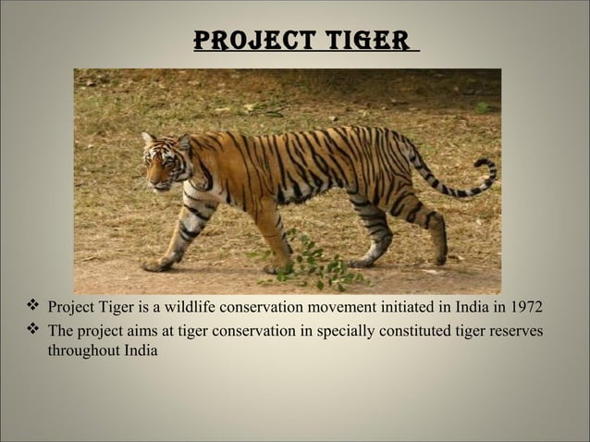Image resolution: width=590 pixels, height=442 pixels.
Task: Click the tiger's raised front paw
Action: [x=155, y=264]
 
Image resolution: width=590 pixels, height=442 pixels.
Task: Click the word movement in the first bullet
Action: [x=348, y=307]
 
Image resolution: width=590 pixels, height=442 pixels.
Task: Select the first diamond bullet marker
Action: [x=32, y=306]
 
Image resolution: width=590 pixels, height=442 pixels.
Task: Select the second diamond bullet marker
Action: [x=32, y=330]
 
